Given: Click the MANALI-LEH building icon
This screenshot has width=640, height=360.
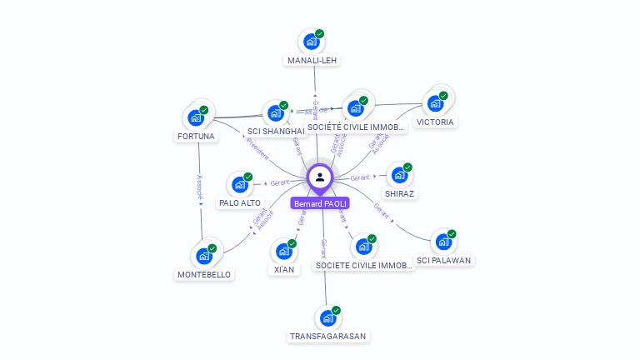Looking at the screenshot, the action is click(x=312, y=42).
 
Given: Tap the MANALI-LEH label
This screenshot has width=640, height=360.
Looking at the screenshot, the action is click(x=312, y=61).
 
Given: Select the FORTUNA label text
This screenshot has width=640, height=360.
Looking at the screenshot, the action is click(x=196, y=136).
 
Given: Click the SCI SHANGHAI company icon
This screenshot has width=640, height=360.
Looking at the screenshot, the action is click(x=276, y=113).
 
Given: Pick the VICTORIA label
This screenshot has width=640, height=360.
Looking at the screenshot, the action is click(x=435, y=122).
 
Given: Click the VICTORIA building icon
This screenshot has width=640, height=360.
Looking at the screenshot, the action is click(x=435, y=103).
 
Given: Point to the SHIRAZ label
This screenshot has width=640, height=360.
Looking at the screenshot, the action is click(x=400, y=193).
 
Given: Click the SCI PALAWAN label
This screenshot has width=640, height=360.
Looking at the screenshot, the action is click(x=444, y=260).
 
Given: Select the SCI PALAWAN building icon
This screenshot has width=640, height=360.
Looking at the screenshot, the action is click(x=444, y=242).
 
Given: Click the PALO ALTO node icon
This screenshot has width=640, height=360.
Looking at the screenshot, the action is click(x=240, y=184).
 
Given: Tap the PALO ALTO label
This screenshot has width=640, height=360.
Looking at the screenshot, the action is click(x=240, y=202).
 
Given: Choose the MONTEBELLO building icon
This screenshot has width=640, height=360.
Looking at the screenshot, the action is click(x=204, y=256).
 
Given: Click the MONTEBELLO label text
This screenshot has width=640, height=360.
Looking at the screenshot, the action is click(x=204, y=274).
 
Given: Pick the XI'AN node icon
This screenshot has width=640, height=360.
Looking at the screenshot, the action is click(x=284, y=251).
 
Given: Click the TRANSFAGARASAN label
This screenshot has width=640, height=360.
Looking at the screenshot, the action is click(x=327, y=336).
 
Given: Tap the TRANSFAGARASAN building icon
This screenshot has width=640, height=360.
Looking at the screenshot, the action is click(x=328, y=317).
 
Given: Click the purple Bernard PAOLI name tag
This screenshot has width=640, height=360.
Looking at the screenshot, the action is click(x=320, y=203).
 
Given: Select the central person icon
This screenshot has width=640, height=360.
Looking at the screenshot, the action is click(x=320, y=177).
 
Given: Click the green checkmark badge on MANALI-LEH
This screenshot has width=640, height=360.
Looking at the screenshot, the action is click(x=320, y=34).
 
